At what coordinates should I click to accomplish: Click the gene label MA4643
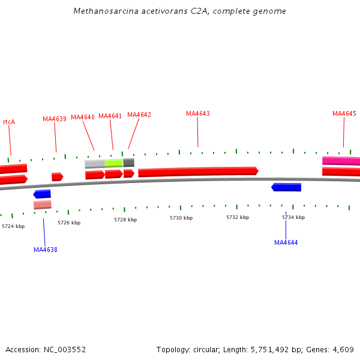click(198, 113)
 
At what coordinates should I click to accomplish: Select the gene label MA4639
click(55, 119)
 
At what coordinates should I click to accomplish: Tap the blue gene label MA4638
click(46, 250)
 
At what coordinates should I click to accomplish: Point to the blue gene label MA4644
click(286, 242)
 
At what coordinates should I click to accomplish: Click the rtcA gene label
click(9, 122)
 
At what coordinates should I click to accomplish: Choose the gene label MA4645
click(344, 113)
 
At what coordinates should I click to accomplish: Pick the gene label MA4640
click(83, 117)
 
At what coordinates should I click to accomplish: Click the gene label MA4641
click(110, 116)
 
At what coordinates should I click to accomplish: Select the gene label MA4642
click(139, 115)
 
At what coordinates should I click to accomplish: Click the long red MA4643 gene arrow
click(198, 172)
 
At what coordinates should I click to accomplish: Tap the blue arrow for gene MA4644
click(287, 187)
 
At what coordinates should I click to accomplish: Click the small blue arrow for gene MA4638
click(43, 194)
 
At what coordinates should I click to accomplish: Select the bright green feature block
click(114, 163)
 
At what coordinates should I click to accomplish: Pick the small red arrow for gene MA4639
click(57, 176)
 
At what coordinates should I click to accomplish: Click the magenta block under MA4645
click(341, 161)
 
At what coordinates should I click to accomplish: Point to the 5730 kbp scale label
click(181, 218)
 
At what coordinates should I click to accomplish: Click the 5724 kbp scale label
click(13, 226)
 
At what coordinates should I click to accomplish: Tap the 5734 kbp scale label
click(293, 217)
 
